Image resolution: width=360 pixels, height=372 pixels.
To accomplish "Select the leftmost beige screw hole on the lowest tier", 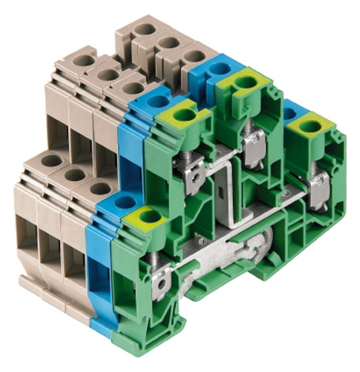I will pyautogui.click(x=52, y=161).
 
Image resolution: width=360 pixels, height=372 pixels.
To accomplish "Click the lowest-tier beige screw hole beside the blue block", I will pyautogui.click(x=100, y=187).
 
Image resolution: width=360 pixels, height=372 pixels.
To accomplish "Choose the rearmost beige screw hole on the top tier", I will pyautogui.click(x=146, y=30).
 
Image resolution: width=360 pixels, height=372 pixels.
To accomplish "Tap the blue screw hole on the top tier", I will pyautogui.click(x=219, y=68).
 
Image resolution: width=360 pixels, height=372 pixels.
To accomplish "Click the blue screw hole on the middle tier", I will pyautogui.click(x=157, y=101).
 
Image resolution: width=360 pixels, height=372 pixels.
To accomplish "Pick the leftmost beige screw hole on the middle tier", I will pyautogui.click(x=84, y=61).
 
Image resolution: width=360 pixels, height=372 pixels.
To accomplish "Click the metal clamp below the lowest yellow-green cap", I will pyautogui.click(x=163, y=279).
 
